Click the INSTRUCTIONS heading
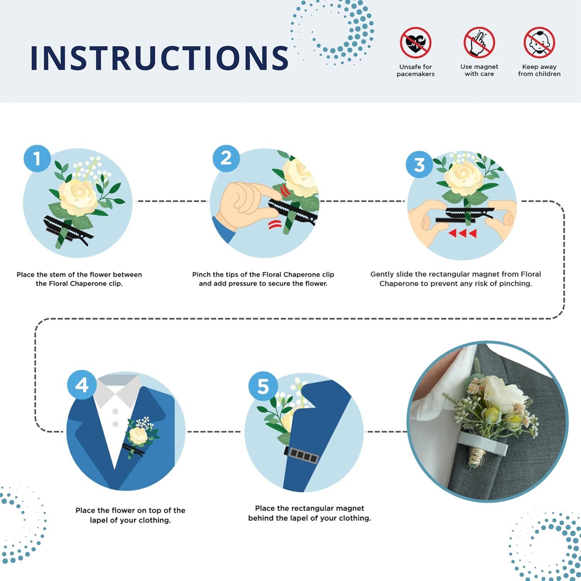point(159,58)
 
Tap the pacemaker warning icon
point(416,42)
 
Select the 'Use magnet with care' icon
point(479,42)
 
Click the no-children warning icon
point(539,42)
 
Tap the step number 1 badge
point(37,158)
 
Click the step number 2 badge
point(226,158)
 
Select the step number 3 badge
point(419,165)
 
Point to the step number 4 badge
point(81,385)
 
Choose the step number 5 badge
point(263,386)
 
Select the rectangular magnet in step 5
point(302,455)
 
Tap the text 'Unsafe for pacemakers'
point(416,70)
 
